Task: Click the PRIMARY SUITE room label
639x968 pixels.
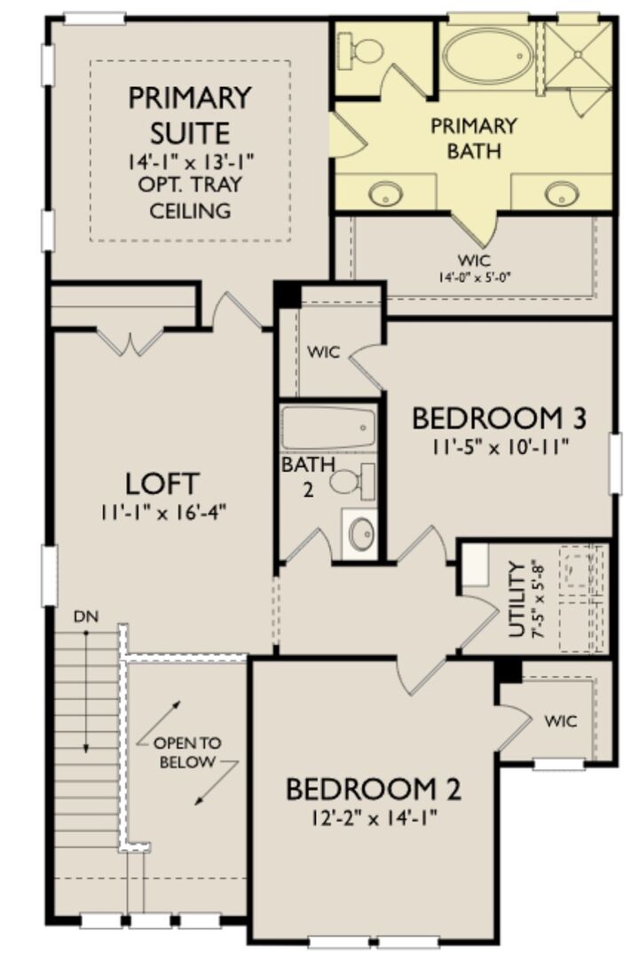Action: coord(190,114)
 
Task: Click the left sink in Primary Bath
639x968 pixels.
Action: coord(386,193)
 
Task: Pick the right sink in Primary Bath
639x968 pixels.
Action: coord(562,193)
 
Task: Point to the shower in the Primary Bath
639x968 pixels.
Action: coord(578,55)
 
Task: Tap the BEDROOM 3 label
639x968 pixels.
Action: coord(499,418)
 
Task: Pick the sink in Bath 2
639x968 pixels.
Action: coord(360,533)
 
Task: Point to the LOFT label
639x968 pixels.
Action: coord(162,484)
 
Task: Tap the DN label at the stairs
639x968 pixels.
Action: coord(85,615)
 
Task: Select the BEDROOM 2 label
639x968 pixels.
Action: coord(373,788)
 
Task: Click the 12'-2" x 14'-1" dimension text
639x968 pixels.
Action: coord(373,815)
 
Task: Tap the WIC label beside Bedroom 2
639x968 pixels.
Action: coord(560,720)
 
